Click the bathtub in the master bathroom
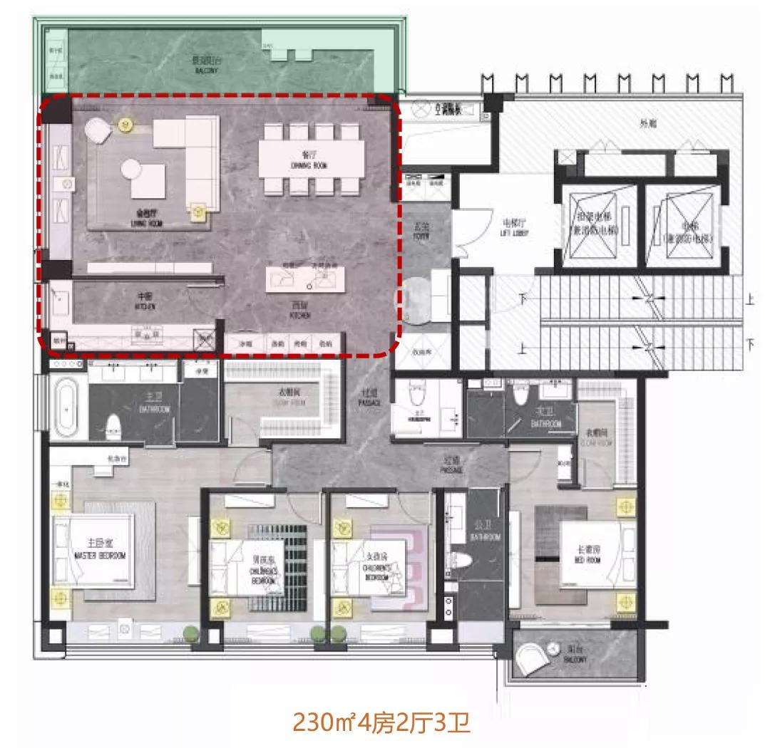[66, 407]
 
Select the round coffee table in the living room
[132, 169]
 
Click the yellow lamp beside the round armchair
[127, 125]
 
